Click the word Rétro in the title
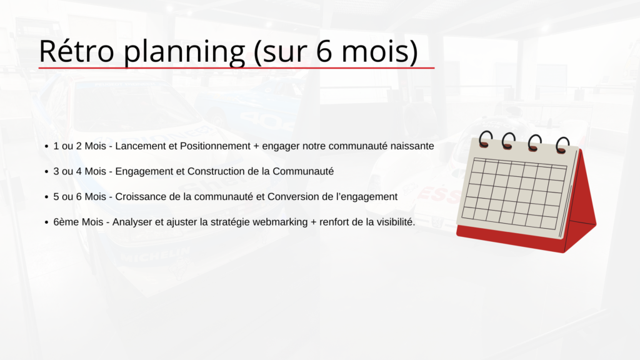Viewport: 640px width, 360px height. click(76, 51)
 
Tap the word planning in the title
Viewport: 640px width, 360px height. click(184, 52)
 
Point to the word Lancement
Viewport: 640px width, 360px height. click(142, 146)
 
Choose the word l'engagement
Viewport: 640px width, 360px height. click(366, 197)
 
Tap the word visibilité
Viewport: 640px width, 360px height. click(396, 222)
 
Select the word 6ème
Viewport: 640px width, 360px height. click(66, 222)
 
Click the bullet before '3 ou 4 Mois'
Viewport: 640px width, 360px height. click(46, 172)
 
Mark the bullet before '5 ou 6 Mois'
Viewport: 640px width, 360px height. click(46, 197)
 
